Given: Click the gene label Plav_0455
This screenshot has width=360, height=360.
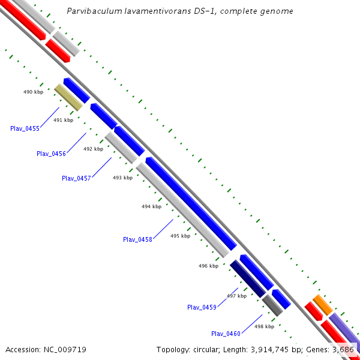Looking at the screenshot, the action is (x=25, y=128).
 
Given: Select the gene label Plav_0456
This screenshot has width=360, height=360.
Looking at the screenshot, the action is (x=51, y=154).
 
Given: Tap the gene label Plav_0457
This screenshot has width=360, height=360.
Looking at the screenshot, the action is (x=76, y=178).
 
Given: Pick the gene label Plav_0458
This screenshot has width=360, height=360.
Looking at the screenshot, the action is (x=137, y=239).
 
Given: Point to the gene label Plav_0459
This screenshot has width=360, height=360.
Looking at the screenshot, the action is (x=202, y=307).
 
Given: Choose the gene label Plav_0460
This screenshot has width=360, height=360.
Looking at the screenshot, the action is (x=226, y=334).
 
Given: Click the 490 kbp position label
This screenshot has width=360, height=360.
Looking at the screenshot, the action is (x=33, y=92).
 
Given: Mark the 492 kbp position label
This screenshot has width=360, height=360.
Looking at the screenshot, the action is (x=93, y=149).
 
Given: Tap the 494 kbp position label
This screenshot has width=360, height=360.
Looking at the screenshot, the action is (x=151, y=206).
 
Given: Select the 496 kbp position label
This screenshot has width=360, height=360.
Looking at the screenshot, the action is (x=208, y=266).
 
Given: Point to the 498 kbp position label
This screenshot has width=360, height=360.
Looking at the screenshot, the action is (x=264, y=326).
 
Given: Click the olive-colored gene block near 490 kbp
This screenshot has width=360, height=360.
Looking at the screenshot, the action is (x=68, y=97).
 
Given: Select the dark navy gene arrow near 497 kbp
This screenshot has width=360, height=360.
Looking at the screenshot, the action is (x=247, y=278).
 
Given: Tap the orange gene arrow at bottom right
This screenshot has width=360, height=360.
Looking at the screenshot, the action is (x=322, y=305).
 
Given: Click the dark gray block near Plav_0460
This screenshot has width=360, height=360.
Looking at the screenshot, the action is (x=272, y=306).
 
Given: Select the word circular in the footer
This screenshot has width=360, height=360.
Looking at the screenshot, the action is (x=206, y=349).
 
